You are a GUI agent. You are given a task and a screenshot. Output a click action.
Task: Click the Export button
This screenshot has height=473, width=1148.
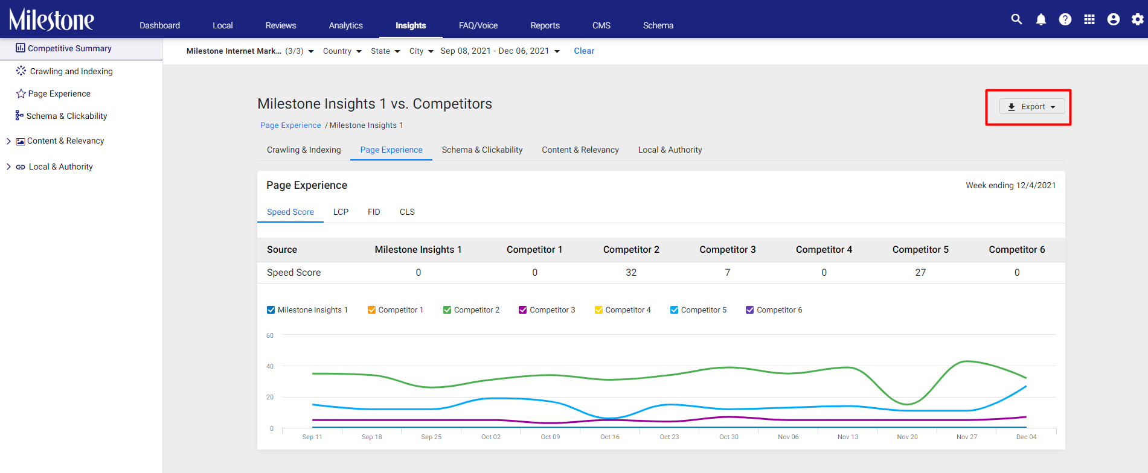tap(1032, 107)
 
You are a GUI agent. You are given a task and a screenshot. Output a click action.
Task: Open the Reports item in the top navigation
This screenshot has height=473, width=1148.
tap(545, 25)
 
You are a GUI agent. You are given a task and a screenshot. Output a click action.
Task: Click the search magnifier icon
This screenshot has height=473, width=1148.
tap(1016, 19)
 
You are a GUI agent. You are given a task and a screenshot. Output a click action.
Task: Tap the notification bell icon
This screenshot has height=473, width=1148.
tap(1041, 19)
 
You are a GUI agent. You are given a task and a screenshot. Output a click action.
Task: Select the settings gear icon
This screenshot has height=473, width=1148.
tap(1138, 19)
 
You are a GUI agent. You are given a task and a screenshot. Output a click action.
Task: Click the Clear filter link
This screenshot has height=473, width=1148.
tap(584, 51)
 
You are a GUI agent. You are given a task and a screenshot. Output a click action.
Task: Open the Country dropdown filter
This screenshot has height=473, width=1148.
tap(342, 51)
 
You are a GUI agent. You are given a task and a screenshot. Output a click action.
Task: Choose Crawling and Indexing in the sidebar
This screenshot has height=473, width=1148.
tap(71, 71)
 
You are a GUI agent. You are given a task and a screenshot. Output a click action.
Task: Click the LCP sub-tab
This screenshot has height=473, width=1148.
tap(341, 212)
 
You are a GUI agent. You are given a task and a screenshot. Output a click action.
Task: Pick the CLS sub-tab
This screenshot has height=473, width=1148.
tap(407, 212)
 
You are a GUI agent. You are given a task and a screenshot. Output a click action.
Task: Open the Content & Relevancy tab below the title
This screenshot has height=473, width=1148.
tap(580, 150)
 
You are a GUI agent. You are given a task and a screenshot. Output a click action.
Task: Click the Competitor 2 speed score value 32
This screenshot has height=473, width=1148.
tap(631, 273)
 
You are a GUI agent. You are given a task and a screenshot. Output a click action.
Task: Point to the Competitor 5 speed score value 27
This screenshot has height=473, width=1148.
tap(920, 273)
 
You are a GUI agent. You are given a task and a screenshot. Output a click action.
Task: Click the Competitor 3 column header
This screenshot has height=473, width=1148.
tap(728, 250)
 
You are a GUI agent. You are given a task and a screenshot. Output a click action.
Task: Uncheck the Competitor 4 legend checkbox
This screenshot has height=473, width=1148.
tap(599, 310)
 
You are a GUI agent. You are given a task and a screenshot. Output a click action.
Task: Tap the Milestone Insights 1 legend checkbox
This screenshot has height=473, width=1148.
tap(271, 310)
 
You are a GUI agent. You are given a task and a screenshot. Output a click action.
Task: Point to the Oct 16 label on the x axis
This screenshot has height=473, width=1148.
tap(610, 437)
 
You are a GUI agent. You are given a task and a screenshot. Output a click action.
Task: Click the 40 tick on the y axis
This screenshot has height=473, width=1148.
tap(270, 366)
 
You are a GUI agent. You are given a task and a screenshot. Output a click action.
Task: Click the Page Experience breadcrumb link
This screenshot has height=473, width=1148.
tap(290, 125)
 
